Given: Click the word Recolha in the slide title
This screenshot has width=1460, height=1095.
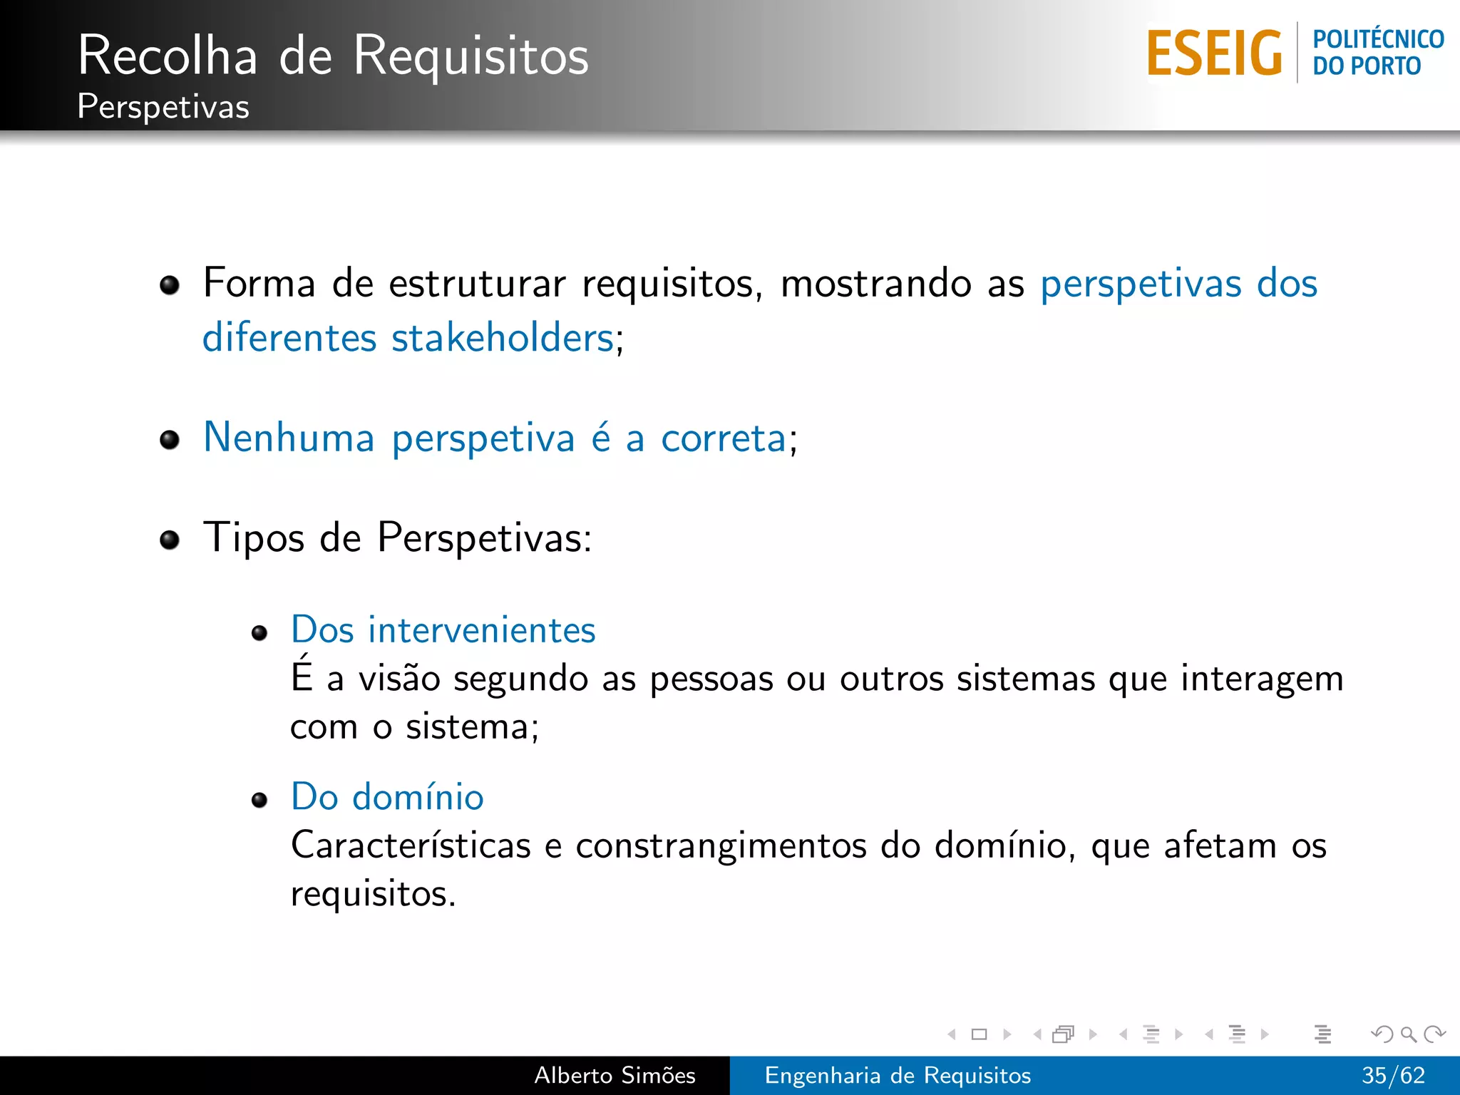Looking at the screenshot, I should coord(168,56).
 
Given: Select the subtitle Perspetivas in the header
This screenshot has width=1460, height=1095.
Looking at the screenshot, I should coord(163,107).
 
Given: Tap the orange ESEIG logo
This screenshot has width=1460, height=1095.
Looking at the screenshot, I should coord(1214,53).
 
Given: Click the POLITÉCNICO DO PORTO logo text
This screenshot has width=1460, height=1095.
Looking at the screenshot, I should coord(1377,52).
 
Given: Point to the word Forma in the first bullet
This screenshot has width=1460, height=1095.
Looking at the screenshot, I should coord(259,283).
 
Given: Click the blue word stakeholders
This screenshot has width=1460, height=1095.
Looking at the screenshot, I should coord(503,337).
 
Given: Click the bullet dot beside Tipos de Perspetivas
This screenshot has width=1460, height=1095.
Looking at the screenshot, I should coord(170,540).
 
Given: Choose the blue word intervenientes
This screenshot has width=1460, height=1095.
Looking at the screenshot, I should coord(481,630).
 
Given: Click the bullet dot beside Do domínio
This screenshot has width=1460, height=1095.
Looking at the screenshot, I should coord(259,800).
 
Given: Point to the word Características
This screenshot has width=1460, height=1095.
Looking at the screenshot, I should coord(411,845).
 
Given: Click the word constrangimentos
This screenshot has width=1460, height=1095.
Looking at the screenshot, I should coord(721,846).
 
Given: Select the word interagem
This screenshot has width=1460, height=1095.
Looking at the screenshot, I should coord(1262,679).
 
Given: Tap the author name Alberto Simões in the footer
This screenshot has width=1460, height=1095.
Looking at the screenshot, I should coord(615,1075).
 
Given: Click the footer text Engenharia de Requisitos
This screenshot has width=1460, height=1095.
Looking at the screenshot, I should coord(898,1075).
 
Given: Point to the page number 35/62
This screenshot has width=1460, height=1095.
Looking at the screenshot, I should coord(1393,1075).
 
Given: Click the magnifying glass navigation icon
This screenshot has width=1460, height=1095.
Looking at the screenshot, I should coord(1408,1034).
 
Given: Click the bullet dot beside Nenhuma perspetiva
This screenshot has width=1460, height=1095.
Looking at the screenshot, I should coord(170,440).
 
